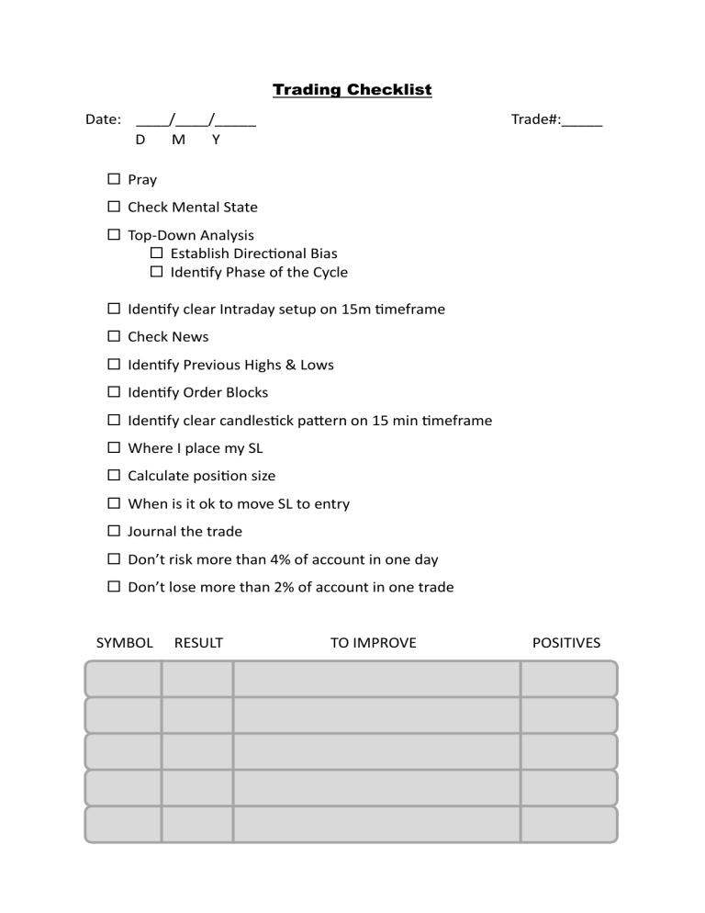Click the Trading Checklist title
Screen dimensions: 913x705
(352, 90)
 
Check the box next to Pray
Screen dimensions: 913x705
(114, 179)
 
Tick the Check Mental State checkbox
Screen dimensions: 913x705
(114, 207)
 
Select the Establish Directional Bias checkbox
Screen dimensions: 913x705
(156, 253)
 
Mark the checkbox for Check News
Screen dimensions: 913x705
(114, 336)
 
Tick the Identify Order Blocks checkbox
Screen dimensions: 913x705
(114, 392)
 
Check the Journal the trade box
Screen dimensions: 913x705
(114, 531)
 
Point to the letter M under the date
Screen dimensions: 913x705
(178, 140)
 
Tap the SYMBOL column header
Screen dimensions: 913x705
(125, 643)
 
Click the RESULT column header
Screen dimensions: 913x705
(198, 643)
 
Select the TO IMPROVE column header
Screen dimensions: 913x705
(373, 643)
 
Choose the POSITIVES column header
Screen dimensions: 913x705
(566, 643)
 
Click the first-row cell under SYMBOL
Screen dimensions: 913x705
(124, 679)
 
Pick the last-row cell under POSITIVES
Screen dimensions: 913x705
(568, 824)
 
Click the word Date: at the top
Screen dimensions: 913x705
(103, 119)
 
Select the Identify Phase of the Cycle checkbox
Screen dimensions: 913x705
(156, 272)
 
